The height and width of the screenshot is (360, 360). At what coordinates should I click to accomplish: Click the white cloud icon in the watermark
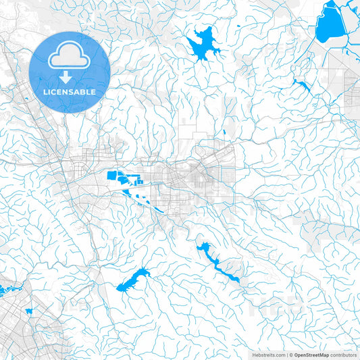tap(70, 58)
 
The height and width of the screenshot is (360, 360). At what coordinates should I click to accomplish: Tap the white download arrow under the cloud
tap(70, 76)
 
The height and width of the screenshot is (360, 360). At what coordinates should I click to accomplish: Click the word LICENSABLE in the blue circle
tap(70, 91)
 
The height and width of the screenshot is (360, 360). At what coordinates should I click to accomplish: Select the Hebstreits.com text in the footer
tap(268, 354)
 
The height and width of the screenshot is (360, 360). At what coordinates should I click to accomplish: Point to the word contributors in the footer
tap(343, 354)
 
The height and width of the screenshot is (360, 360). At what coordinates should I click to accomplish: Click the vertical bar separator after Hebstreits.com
tap(286, 354)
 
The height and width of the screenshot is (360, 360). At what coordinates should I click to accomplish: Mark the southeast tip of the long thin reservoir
tap(237, 280)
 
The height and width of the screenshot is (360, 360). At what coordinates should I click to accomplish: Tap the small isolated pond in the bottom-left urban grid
tap(29, 311)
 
